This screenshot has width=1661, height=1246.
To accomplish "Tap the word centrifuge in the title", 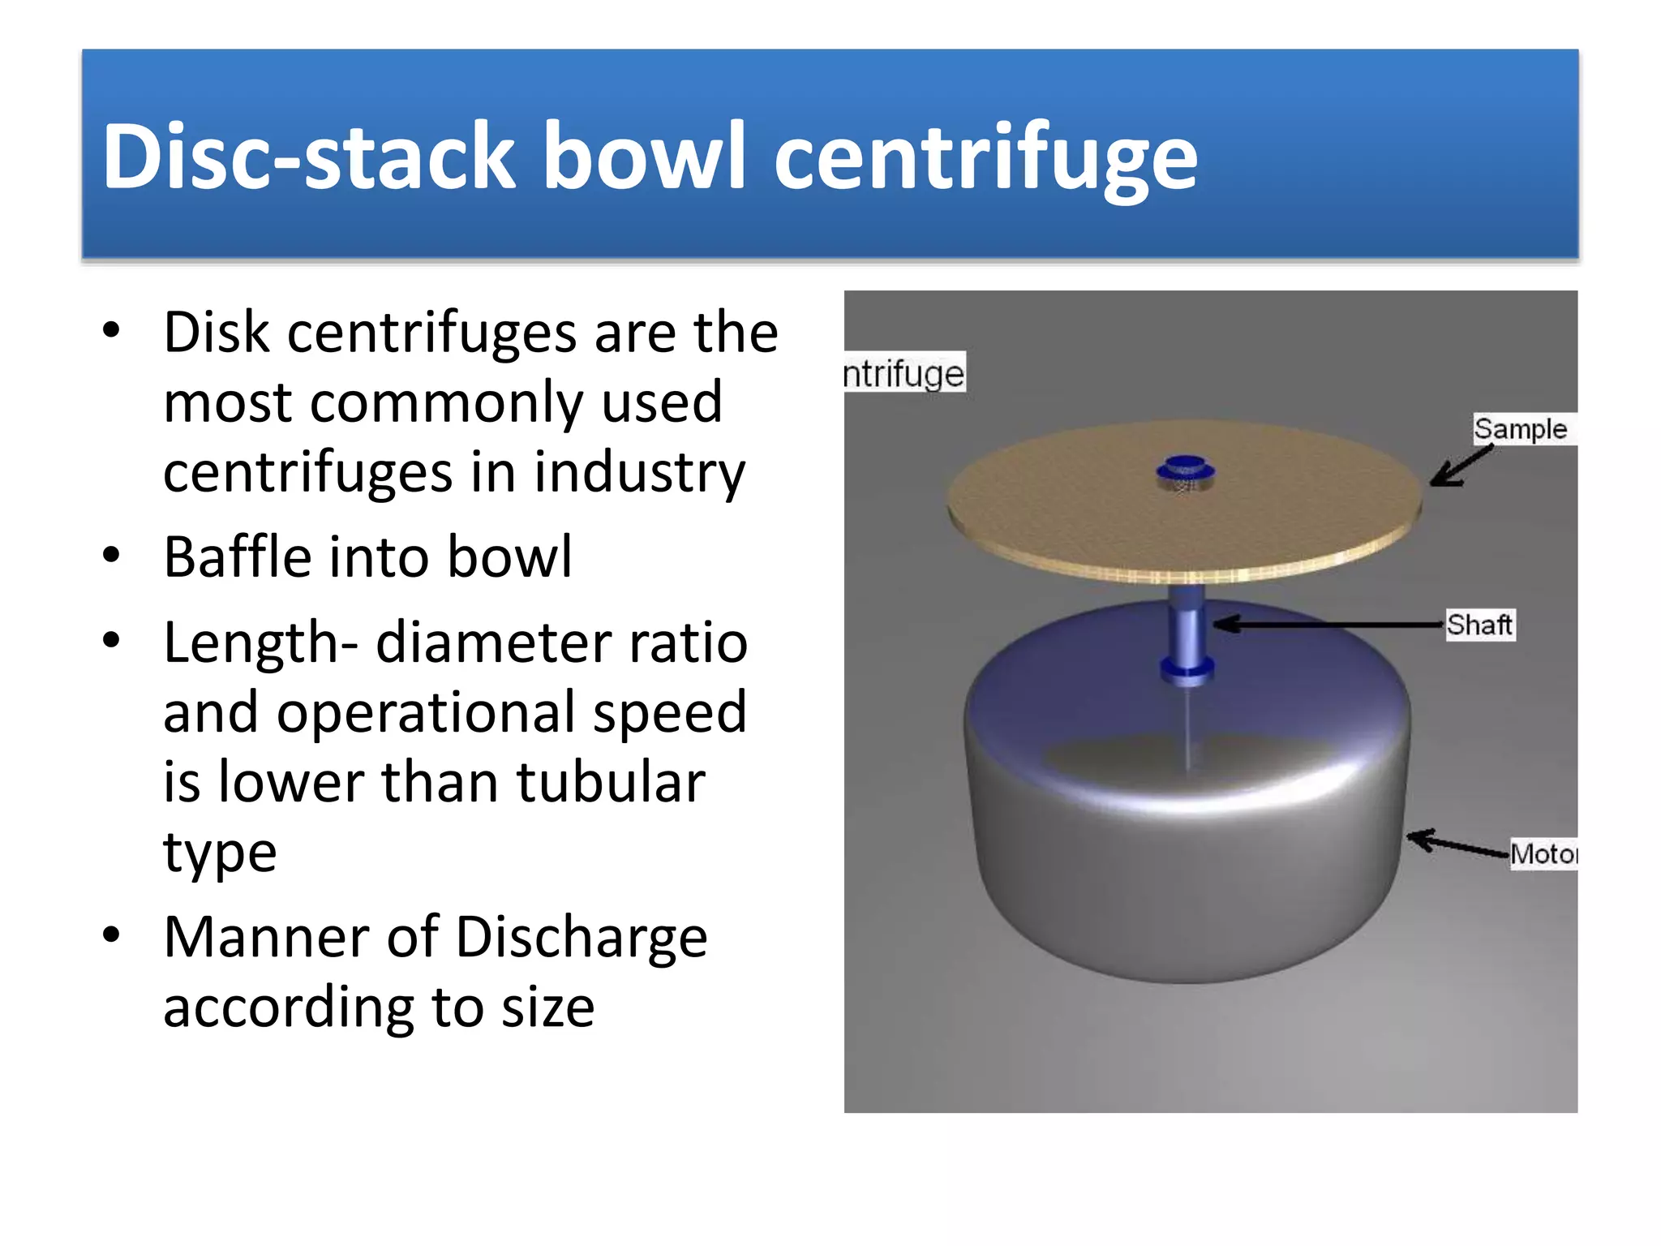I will coord(985,156).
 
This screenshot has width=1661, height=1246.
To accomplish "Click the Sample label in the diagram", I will coord(1520,429).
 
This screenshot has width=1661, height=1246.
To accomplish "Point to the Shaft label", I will coord(1479,625).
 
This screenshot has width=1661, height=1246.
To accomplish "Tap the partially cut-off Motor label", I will coord(1543,853).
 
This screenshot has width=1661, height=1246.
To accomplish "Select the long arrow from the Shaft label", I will coord(1330,624).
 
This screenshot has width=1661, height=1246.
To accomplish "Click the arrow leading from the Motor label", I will coord(1457,844).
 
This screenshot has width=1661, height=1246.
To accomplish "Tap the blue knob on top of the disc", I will coord(1185,468).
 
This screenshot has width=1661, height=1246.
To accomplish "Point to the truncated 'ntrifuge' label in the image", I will coord(904,374).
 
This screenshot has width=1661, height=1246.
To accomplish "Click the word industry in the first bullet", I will coord(639,472).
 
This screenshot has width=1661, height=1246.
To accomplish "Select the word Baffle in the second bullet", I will coord(238,556).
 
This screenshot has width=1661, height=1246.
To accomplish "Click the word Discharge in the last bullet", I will coord(581,937).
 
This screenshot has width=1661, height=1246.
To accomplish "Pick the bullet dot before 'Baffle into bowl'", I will coord(112,556).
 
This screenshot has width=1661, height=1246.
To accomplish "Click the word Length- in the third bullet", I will coord(260,642).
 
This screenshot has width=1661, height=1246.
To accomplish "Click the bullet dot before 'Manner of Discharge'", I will coord(112,934).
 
